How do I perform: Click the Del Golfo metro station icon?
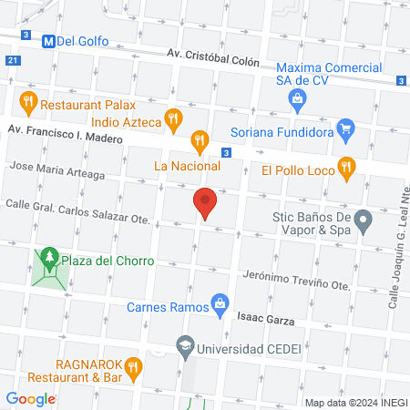click(x=47, y=41)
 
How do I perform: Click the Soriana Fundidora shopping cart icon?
click(x=345, y=129)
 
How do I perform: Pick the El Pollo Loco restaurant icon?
click(x=345, y=168)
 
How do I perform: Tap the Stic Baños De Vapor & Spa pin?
click(x=364, y=220)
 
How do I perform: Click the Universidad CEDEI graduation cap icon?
click(x=186, y=347)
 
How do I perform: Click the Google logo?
click(x=31, y=398)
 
